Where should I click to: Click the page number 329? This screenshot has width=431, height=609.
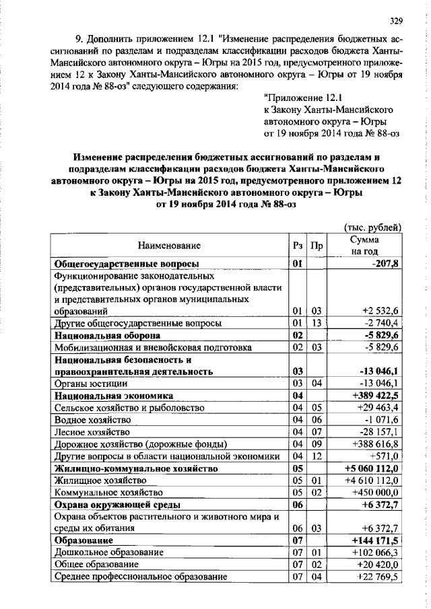coord(395,20)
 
